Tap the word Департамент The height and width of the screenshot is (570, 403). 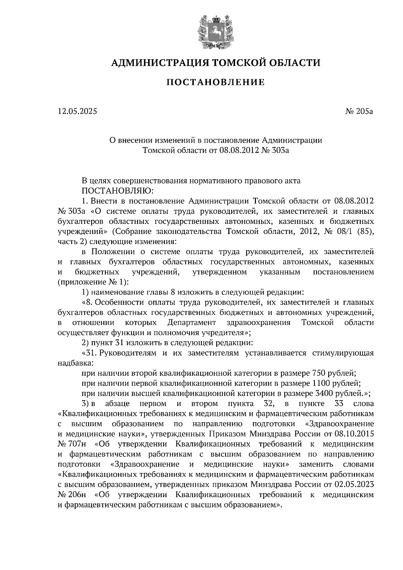[x=191, y=323]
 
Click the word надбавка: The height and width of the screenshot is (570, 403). [x=75, y=363]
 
